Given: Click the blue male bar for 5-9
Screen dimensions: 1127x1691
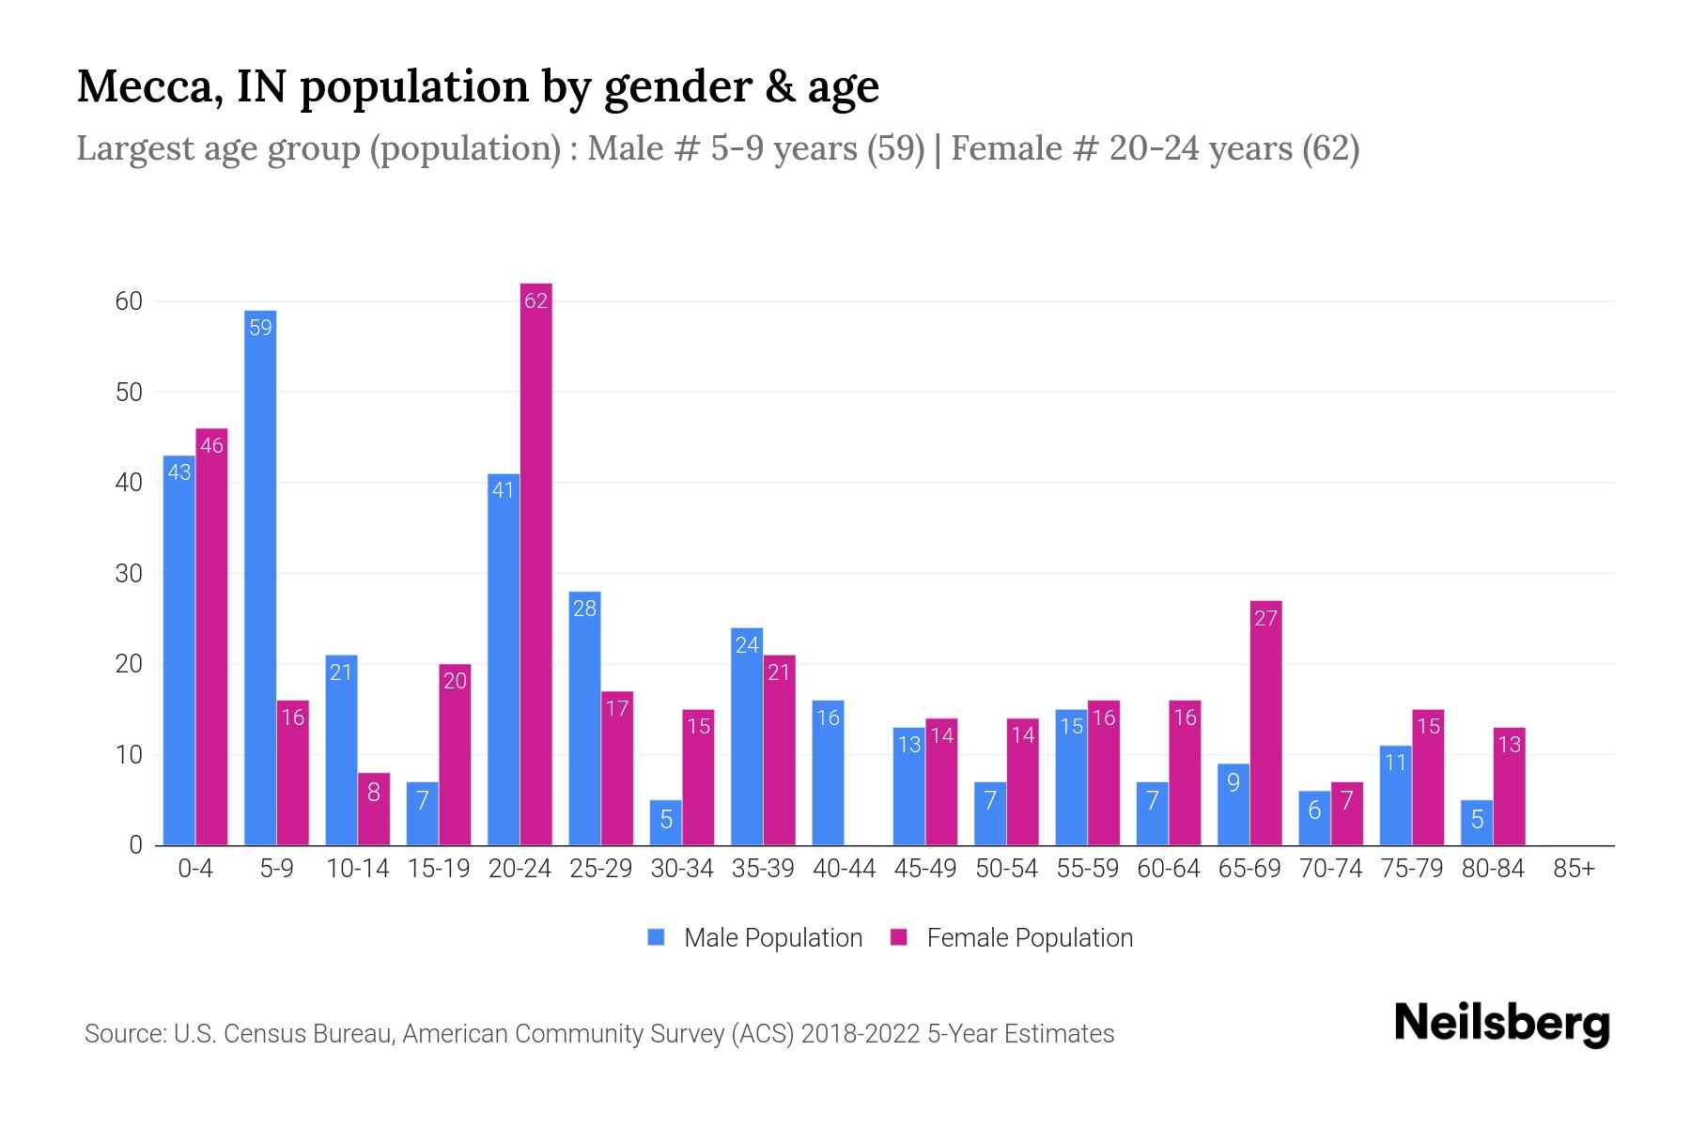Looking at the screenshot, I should pos(260,578).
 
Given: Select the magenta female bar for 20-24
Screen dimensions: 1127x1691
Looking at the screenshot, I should pos(535,563).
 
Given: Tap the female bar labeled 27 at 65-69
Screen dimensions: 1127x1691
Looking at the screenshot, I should pos(1265,723).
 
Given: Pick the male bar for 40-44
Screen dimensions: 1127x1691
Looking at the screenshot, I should pos(828,773).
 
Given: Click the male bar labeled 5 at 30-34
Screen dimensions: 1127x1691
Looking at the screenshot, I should pos(666,823).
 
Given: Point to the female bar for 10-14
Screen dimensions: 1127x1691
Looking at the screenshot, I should pos(374,809).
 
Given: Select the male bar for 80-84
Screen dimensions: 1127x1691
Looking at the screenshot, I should pos(1477,823).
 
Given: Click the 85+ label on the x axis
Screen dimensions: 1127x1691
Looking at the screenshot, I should pos(1574,869).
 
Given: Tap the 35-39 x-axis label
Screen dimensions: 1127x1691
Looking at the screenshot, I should pos(763,869).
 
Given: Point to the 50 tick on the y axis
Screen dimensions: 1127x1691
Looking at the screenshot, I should pos(129,392).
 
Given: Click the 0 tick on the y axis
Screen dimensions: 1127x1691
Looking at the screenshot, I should pos(135,845).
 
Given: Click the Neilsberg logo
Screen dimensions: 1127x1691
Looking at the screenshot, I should pos(1501,1024).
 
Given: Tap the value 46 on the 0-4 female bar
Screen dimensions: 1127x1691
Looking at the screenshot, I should pos(211,446).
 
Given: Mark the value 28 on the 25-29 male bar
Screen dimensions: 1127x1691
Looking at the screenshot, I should pos(584,609).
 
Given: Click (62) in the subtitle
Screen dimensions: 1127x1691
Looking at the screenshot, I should pos(1330,148).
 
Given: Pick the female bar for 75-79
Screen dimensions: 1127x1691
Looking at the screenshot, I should pos(1428,778).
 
